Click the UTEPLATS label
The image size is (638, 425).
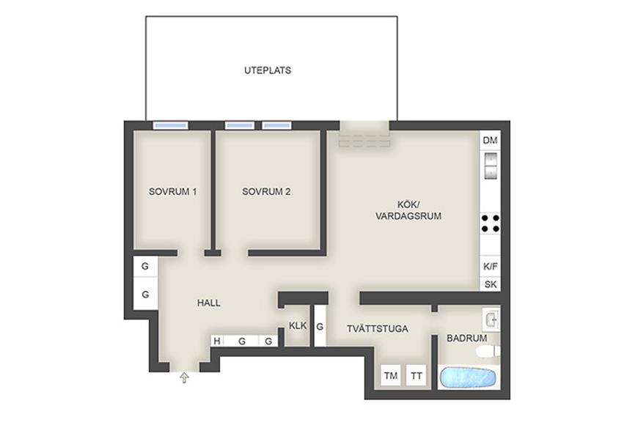[x=268, y=70]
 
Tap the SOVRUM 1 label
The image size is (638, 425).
[x=172, y=191]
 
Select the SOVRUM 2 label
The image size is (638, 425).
[x=266, y=191]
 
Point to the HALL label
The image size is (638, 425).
[x=209, y=303]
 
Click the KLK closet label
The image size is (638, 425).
[x=298, y=326]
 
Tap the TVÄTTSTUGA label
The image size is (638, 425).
[x=377, y=328]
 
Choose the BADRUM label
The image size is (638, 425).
[x=466, y=338]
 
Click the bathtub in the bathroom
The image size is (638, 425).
[x=468, y=377]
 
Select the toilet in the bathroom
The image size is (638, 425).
[x=488, y=352]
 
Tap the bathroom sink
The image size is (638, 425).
[x=491, y=319]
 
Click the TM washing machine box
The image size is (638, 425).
[x=391, y=375]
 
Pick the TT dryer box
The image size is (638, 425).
[x=416, y=375]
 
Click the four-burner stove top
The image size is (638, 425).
[x=491, y=223]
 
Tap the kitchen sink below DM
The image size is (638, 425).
[x=491, y=166]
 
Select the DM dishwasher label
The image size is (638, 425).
[x=490, y=141]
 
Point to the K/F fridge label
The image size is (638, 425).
[x=491, y=267]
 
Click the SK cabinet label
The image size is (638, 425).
[x=491, y=284]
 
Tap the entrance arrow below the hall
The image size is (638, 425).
[x=184, y=378]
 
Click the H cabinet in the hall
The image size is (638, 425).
[x=217, y=341]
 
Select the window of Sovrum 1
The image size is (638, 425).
[x=170, y=126]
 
